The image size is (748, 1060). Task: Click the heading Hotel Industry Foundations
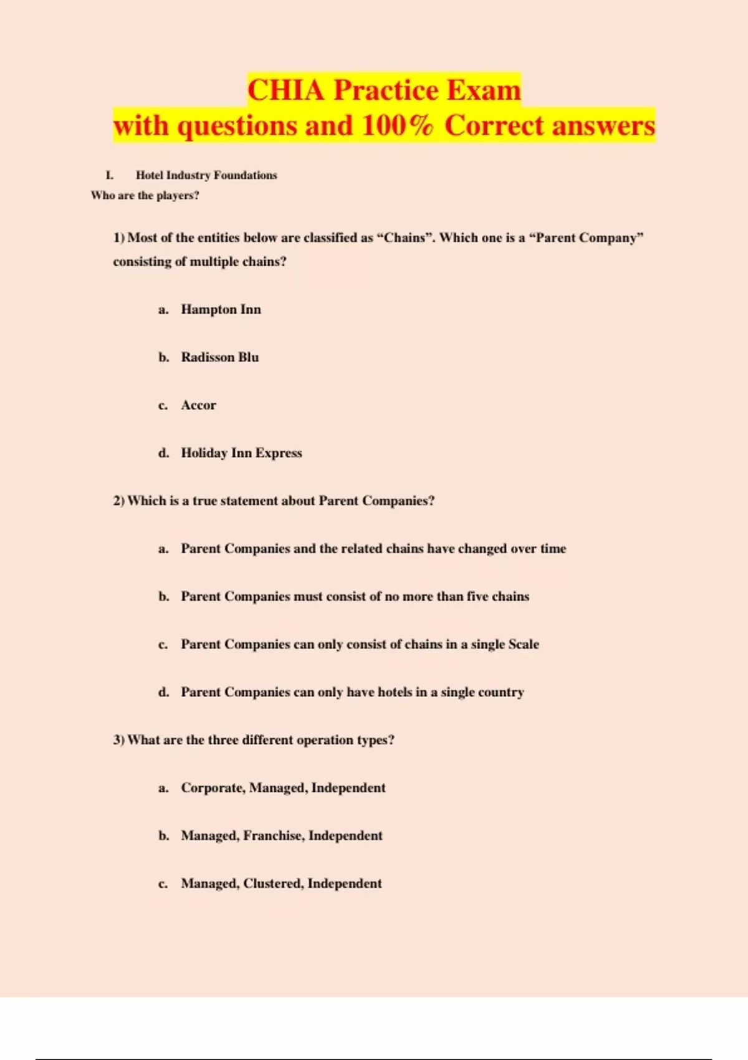pyautogui.click(x=206, y=175)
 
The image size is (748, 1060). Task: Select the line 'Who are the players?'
pyautogui.click(x=145, y=195)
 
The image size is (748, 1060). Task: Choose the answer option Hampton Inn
pyautogui.click(x=221, y=309)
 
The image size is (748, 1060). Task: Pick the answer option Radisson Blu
pyautogui.click(x=219, y=357)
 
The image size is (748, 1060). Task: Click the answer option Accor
pyautogui.click(x=198, y=405)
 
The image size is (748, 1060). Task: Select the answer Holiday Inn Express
pyautogui.click(x=241, y=453)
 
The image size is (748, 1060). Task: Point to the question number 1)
pyautogui.click(x=119, y=238)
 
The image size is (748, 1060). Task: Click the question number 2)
pyautogui.click(x=119, y=501)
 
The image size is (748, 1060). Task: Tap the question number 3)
pyautogui.click(x=119, y=740)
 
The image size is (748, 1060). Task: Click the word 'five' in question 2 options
pyautogui.click(x=477, y=597)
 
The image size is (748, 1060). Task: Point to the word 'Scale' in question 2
pyautogui.click(x=523, y=644)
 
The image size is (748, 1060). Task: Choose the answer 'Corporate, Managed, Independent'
pyautogui.click(x=283, y=788)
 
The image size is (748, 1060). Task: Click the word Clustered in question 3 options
pyautogui.click(x=273, y=884)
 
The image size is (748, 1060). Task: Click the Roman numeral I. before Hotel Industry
pyautogui.click(x=110, y=175)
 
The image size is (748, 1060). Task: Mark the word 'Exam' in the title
pyautogui.click(x=484, y=90)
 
